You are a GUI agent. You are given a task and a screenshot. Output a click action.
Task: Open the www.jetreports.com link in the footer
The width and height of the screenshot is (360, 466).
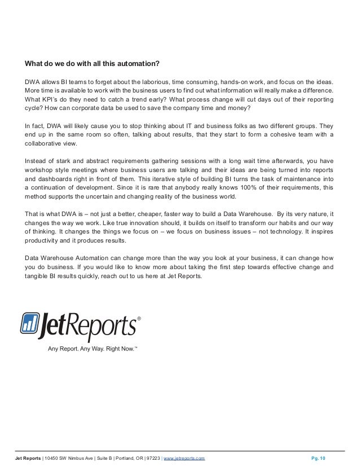click(x=185, y=458)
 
